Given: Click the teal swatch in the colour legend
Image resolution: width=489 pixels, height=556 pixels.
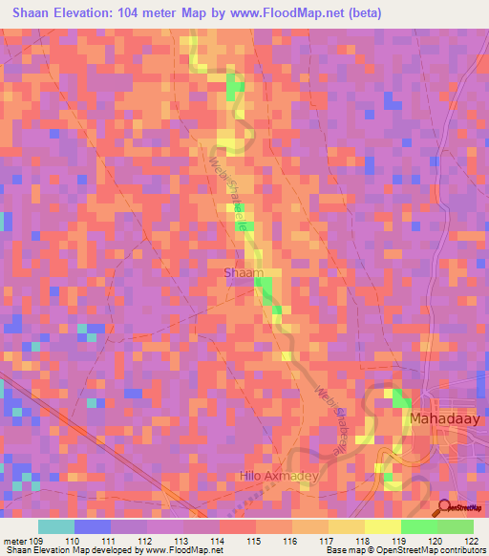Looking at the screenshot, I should pos(56,525).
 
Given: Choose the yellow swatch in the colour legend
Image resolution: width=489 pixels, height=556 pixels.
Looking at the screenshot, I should pos(382,525).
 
